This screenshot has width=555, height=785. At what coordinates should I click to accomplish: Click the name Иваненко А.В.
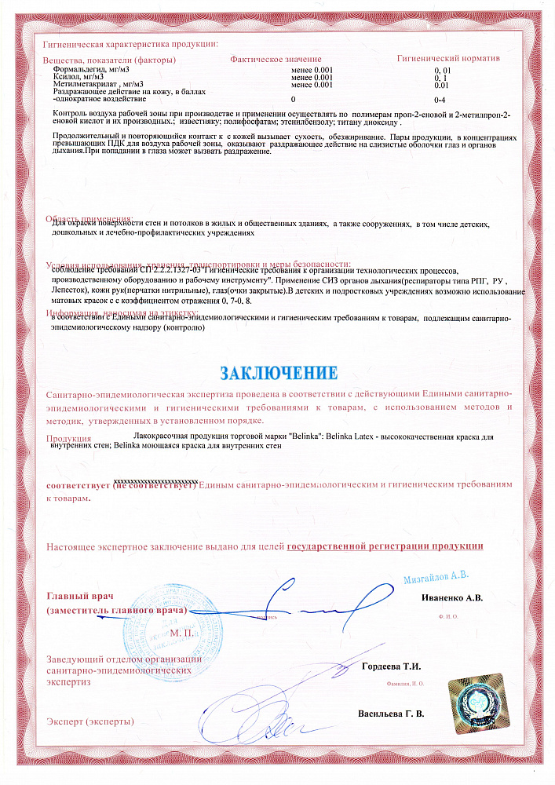coord(452,597)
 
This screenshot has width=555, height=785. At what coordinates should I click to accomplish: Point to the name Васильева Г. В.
coord(390,714)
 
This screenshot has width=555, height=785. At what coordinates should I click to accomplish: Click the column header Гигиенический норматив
coord(448,59)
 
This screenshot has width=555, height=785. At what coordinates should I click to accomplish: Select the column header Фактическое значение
coord(276,60)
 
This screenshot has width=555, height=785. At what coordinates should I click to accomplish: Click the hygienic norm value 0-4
coord(440,100)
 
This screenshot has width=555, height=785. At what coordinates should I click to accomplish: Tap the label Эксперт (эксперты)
coord(90,721)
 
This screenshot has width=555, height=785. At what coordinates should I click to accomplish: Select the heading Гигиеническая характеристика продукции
coord(130,46)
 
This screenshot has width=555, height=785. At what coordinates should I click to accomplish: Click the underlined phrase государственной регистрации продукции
coord(385,546)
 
